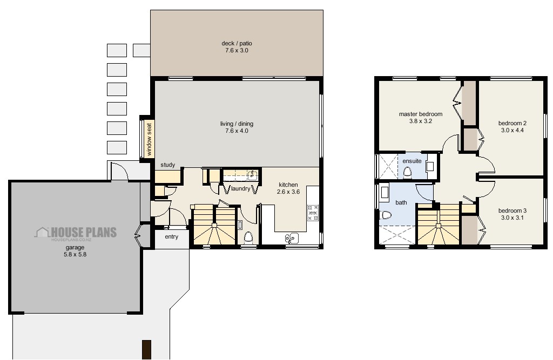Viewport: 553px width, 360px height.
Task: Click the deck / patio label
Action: tap(237, 43)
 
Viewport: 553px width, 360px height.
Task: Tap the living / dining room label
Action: tap(237, 124)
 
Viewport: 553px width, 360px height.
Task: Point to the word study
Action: tap(167, 165)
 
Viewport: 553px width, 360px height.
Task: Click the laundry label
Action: tap(240, 189)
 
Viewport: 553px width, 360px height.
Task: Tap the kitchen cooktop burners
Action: tap(313, 213)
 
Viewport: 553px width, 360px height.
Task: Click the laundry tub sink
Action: tap(251, 174)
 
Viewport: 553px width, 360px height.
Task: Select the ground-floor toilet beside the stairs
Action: tap(248, 237)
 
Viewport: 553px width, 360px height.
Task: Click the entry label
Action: tap(171, 237)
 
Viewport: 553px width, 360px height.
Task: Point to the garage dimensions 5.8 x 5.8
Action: tap(75, 254)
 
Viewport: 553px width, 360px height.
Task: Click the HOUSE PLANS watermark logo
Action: tap(76, 233)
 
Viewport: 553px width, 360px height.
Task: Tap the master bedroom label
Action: tap(421, 114)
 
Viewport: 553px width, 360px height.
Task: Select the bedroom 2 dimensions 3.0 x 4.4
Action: tap(512, 130)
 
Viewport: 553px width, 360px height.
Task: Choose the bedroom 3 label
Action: tap(512, 210)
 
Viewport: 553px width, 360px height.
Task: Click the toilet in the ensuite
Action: tap(408, 172)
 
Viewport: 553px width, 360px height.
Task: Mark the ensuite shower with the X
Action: tap(387, 166)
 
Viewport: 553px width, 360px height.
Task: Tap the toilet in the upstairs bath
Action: tap(386, 215)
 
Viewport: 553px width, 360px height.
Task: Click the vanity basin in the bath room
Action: tap(385, 192)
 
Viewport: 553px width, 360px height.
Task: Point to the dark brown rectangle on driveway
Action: tap(146, 349)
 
